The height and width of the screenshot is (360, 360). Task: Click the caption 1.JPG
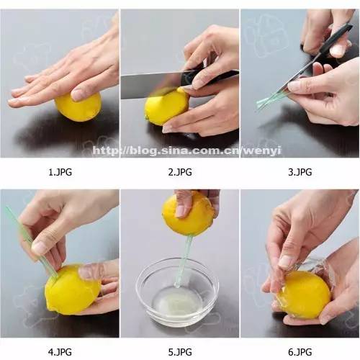point(60,172)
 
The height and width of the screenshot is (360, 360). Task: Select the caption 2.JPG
point(180,172)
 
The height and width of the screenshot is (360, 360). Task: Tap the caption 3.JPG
point(300,172)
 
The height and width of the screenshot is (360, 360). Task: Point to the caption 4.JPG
point(60,352)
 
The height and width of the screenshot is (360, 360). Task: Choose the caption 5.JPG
point(180,352)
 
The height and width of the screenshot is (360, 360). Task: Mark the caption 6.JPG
point(300,352)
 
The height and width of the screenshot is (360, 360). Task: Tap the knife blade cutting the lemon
point(151,85)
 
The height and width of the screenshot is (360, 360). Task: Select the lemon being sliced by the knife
point(166,107)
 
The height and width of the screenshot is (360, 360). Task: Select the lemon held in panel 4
point(72,289)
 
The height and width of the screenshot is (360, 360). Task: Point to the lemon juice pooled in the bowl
point(176,302)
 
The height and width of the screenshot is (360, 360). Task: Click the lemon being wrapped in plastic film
point(304,294)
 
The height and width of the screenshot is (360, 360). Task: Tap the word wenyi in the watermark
point(262,150)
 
